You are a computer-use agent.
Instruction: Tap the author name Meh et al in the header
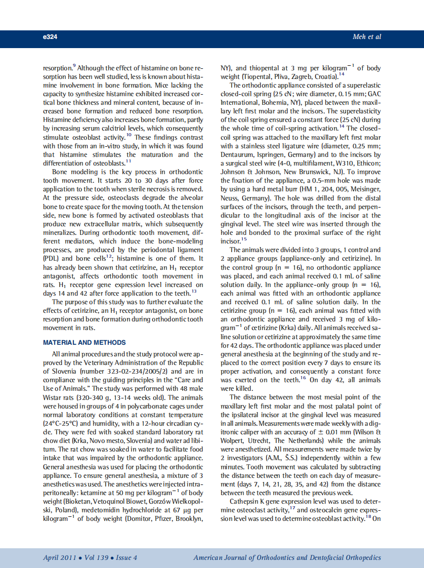pos(366,37)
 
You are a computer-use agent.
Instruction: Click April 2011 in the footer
pos(59,557)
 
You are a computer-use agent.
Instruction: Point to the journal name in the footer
pos(287,557)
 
